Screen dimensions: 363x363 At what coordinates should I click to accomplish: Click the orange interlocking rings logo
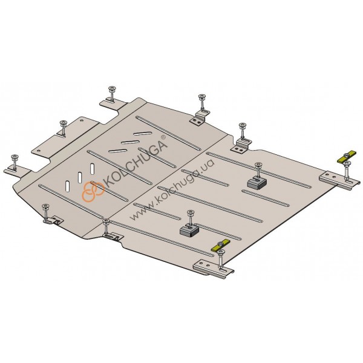93,191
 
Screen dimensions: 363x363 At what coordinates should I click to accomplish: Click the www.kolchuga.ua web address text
172,189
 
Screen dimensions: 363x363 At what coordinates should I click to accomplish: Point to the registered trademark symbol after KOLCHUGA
163,137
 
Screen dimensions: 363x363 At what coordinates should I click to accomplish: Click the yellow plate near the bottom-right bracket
220,245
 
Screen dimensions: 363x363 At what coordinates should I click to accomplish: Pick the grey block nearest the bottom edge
189,231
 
